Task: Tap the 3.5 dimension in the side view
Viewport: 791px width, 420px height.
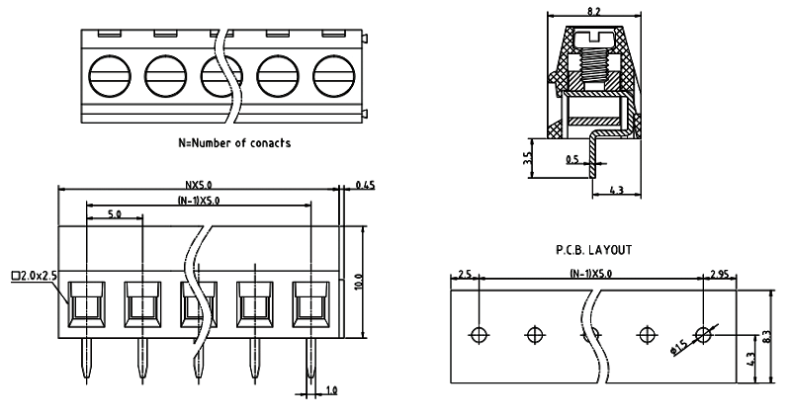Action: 530,158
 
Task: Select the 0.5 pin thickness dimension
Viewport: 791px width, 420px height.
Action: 572,159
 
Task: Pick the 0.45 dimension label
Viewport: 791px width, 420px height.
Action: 364,184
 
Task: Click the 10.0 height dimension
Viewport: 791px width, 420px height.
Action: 360,282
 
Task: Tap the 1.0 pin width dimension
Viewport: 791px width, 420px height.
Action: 330,391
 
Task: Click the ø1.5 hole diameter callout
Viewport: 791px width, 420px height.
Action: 680,346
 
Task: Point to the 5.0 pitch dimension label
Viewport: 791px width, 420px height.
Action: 115,213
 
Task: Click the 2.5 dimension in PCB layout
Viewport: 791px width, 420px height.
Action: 466,274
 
